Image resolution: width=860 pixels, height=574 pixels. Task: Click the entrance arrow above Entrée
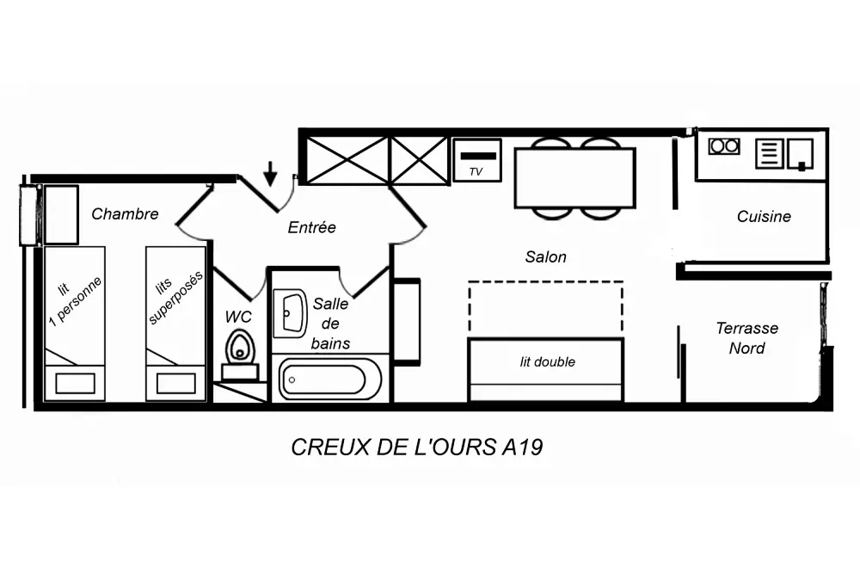pos(270,174)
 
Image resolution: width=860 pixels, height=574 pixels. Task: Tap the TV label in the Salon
pos(476,172)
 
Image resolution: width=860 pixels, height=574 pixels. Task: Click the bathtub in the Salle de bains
pos(330,379)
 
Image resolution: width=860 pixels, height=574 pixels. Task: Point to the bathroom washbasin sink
pos(290,313)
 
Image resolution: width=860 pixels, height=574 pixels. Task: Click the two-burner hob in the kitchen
pos(724,146)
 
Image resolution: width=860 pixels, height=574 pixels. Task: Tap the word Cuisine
pos(764,217)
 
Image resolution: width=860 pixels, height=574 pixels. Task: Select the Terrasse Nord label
pos(747,338)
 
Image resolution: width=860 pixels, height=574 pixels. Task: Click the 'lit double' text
pos(547,361)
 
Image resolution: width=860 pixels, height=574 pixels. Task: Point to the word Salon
pos(546,256)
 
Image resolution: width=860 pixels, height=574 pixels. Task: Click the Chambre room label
pos(125,214)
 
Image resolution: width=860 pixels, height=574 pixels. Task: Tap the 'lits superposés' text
pos(175,296)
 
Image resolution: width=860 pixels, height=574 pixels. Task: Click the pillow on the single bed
pos(75,384)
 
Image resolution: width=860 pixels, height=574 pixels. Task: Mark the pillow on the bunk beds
pos(176,384)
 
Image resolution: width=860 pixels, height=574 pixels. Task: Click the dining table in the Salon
pos(574,178)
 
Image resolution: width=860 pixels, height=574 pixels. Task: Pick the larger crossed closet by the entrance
pos(347,160)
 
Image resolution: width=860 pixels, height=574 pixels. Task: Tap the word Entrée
pos(311,227)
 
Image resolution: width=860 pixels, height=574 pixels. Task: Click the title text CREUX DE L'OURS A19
pos(417,447)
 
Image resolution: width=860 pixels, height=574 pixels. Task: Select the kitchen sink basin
pos(800,154)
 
